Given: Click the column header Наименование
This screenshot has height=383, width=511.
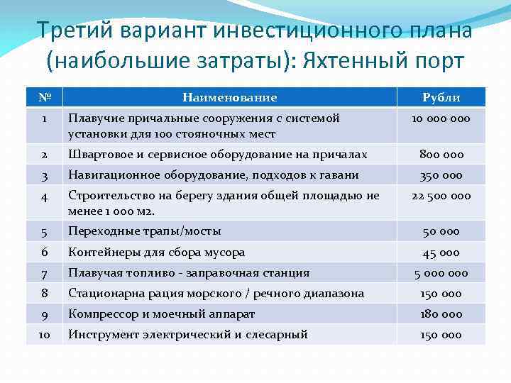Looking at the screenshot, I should click(x=229, y=97).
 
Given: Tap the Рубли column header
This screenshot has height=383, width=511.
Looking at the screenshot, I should click(x=441, y=97).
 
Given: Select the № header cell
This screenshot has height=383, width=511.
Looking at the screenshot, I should click(x=44, y=97).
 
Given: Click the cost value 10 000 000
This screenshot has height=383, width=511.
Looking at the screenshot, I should click(x=441, y=118).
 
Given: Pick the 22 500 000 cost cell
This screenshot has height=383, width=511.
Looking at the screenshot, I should click(x=441, y=196).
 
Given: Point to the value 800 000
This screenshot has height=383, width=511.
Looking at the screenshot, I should click(x=441, y=155).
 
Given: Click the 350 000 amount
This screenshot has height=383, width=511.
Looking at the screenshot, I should click(x=441, y=175).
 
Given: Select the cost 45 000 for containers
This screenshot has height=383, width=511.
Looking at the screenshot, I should click(x=441, y=252).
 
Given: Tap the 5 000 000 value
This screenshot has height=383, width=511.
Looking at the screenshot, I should click(x=441, y=273).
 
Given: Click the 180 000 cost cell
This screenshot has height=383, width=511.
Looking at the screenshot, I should click(x=441, y=314).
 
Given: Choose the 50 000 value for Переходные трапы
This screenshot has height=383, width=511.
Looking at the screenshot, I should click(x=441, y=231).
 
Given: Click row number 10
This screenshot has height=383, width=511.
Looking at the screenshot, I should click(x=44, y=335).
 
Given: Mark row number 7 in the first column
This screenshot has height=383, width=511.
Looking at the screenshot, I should click(x=44, y=273).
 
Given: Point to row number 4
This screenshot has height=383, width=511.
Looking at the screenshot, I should click(x=44, y=196).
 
